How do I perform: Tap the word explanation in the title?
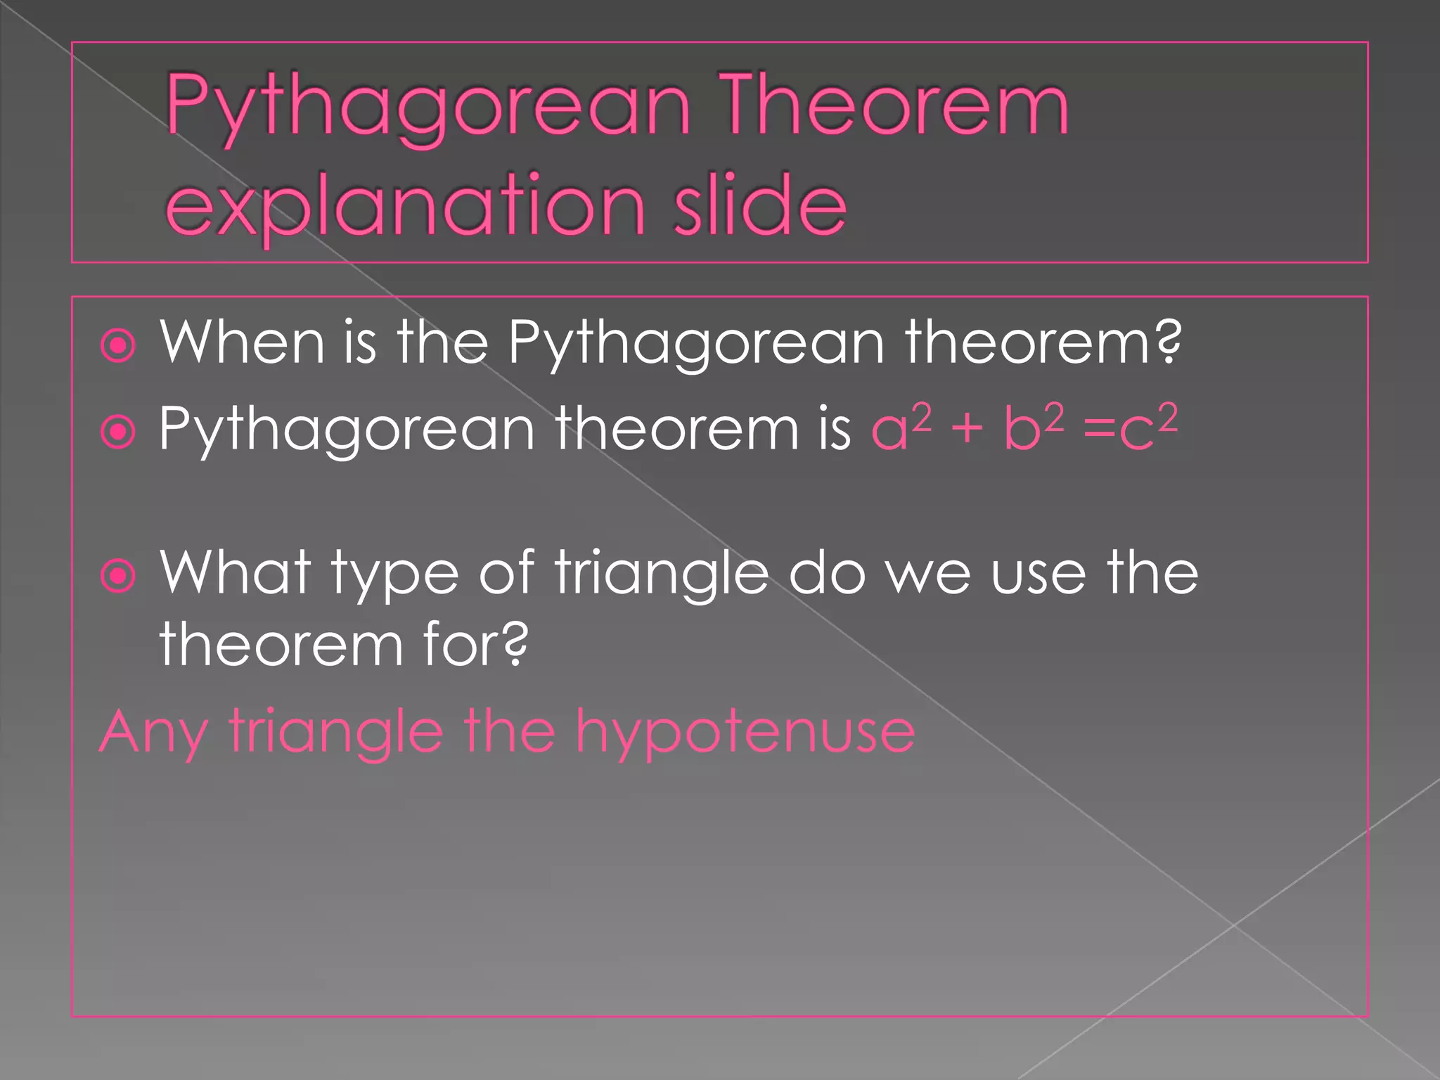405,205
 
